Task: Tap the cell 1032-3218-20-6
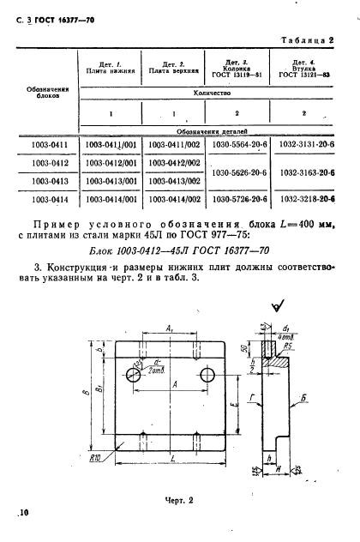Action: tap(305, 199)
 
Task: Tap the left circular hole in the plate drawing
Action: tap(134, 375)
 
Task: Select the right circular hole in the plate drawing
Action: tap(207, 376)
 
